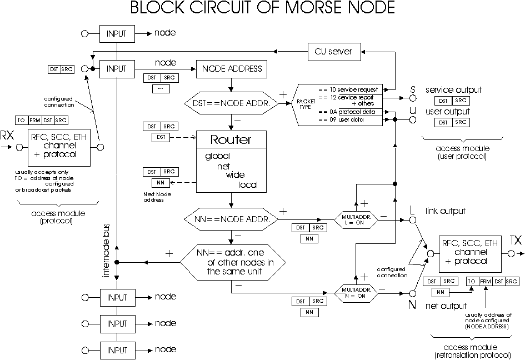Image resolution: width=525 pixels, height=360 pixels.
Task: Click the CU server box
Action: (334, 51)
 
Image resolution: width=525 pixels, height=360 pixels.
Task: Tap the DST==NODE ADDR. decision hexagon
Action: (230, 103)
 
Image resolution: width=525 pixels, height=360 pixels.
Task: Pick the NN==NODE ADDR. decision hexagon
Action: (230, 219)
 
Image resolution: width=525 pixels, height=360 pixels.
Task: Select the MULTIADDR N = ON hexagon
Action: (356, 292)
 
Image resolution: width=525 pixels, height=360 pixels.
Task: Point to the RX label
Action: (7, 136)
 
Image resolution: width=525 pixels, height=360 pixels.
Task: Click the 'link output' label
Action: (445, 211)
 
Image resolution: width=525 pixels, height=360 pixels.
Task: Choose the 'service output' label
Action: (453, 90)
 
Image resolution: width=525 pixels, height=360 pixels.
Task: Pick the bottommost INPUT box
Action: (117, 349)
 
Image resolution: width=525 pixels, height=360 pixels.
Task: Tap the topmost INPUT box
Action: (117, 33)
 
